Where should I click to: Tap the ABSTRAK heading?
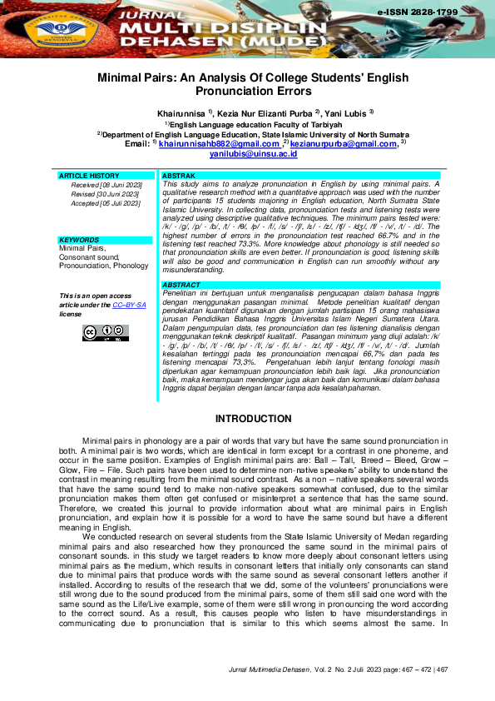178,176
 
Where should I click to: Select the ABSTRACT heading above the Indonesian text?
181,285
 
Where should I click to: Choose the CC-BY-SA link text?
130,306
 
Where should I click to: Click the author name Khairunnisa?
181,112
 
